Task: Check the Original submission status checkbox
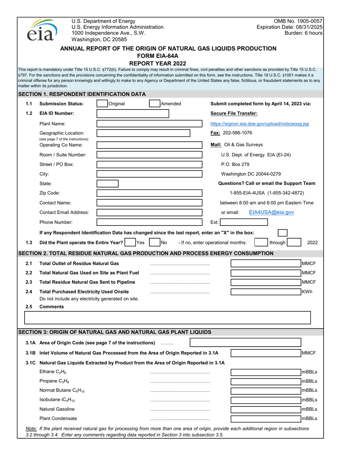[x=102, y=103]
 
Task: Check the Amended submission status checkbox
[x=154, y=103]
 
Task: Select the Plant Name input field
[x=149, y=124]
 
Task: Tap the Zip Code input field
[x=149, y=193]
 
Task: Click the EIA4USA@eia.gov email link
[x=271, y=213]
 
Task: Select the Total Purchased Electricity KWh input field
[x=266, y=292]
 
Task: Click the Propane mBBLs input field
[x=266, y=381]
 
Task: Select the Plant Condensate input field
[x=266, y=419]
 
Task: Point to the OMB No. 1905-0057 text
[x=301, y=21]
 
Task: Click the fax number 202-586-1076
[x=237, y=133]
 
